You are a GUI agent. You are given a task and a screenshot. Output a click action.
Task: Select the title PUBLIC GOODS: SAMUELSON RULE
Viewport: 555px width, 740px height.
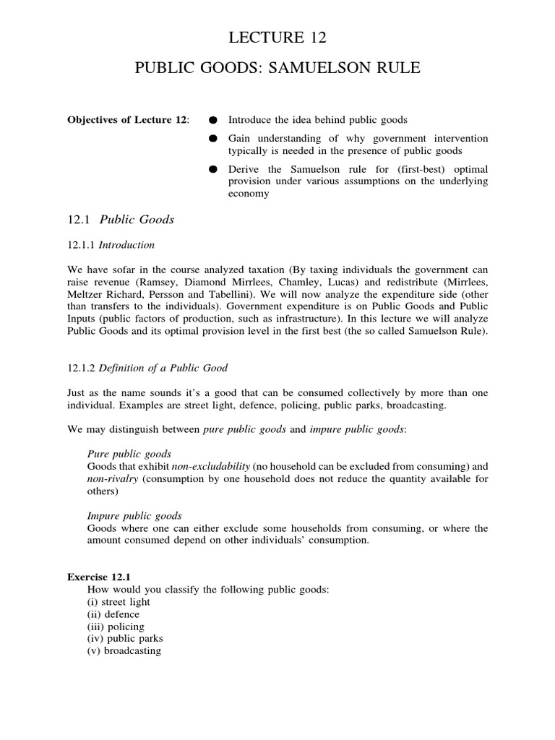coord(277,69)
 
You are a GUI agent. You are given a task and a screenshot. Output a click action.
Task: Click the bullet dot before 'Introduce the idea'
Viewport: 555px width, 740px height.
coord(213,119)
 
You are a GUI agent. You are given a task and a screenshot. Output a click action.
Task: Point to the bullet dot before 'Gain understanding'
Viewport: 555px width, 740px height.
coord(213,138)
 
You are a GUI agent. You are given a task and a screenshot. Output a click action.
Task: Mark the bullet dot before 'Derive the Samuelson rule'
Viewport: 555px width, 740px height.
coord(213,168)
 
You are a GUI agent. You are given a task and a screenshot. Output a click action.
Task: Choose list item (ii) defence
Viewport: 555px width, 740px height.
coord(113,614)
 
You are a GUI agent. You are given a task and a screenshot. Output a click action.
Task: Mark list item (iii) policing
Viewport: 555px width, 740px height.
coord(116,627)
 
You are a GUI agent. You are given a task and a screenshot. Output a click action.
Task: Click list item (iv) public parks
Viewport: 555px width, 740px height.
coord(125,638)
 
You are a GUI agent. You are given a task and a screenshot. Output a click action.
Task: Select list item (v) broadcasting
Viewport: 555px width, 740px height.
coord(124,650)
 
